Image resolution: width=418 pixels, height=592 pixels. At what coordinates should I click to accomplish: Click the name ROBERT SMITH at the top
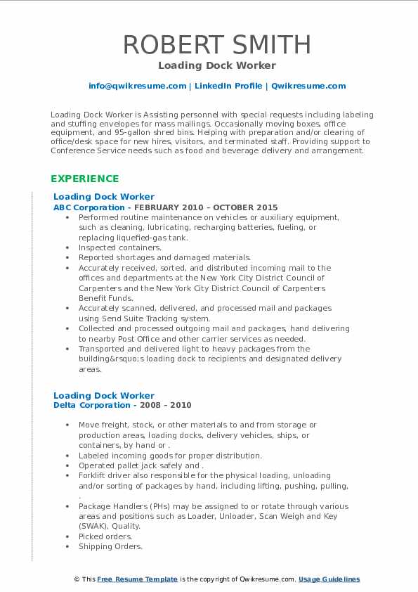(216, 44)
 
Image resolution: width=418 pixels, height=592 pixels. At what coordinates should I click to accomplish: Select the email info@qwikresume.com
(137, 86)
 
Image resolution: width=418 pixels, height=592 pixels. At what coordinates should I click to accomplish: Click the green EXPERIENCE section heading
(84, 179)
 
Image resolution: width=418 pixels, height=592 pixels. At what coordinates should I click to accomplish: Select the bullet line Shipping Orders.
(110, 546)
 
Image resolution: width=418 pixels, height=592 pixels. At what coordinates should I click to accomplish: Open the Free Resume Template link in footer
(137, 579)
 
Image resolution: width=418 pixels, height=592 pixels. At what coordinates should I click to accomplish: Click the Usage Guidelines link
(329, 579)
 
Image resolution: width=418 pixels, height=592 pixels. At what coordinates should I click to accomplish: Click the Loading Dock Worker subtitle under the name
(216, 66)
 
